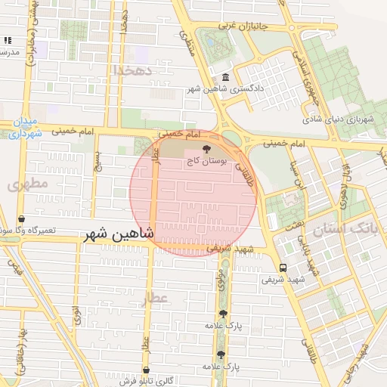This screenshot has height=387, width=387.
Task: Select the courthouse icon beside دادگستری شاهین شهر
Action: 226,78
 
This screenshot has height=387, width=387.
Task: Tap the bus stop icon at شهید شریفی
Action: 283,267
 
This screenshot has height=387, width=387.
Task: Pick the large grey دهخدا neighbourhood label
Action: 133,70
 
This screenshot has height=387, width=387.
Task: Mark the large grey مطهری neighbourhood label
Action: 28,184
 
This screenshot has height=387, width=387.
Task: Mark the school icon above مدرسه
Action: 8,40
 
